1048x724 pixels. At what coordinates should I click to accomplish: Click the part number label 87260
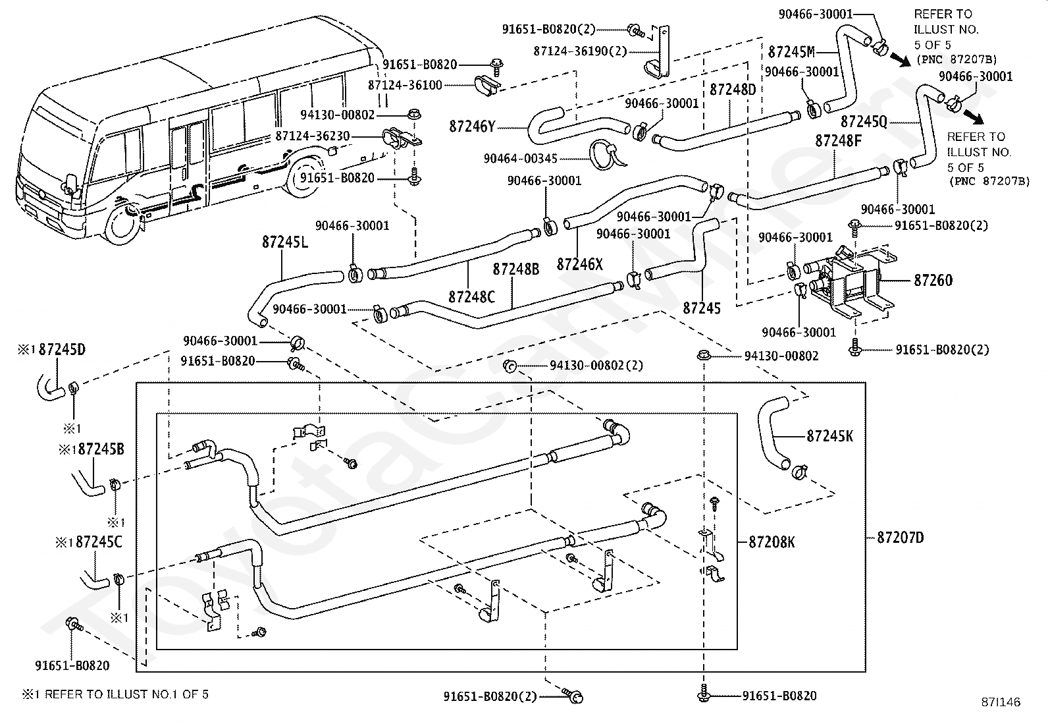click(x=933, y=281)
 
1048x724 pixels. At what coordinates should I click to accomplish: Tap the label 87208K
click(x=772, y=542)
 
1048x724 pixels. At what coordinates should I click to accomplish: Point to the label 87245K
click(x=829, y=436)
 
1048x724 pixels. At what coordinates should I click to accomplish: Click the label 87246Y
click(x=472, y=126)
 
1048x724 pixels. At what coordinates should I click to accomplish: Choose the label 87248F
click(x=839, y=140)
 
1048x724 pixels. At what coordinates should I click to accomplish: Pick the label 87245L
click(x=285, y=242)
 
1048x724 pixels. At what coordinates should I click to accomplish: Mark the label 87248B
click(x=515, y=269)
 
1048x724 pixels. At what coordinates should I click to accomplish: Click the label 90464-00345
click(x=520, y=159)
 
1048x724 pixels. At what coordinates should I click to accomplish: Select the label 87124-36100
click(x=405, y=85)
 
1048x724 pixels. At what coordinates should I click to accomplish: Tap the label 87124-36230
click(x=313, y=136)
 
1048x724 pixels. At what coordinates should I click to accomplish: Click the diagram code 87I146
click(x=1001, y=702)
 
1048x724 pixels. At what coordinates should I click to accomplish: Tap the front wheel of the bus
click(x=122, y=224)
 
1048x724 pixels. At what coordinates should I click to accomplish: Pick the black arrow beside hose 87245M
click(x=899, y=59)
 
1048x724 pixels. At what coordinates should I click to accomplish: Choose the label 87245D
click(x=62, y=349)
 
